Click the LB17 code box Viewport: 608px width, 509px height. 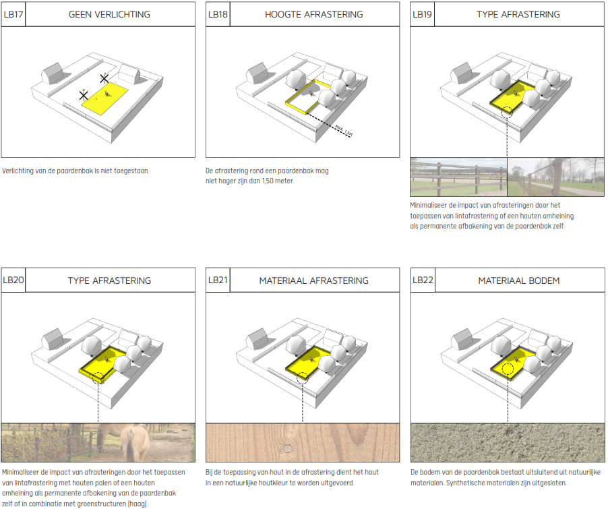click(13, 14)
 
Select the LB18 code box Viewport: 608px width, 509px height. click(218, 14)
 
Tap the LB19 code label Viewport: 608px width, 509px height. click(422, 14)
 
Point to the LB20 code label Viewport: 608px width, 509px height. click(13, 280)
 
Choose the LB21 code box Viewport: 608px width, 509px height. click(218, 280)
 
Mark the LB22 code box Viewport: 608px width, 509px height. click(422, 280)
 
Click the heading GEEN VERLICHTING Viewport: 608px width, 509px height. click(109, 14)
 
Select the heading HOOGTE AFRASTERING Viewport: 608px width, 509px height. click(314, 14)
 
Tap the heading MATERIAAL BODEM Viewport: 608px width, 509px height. click(519, 280)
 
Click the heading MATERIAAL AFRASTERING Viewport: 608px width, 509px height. click(314, 280)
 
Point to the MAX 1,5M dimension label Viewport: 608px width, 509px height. click(344, 130)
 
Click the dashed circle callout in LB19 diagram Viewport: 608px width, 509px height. click(506, 113)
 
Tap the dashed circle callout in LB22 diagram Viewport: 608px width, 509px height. click(508, 369)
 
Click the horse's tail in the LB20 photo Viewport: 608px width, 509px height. click(129, 451)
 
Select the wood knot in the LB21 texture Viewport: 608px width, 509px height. click(287, 448)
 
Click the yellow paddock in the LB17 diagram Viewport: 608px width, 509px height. click(104, 98)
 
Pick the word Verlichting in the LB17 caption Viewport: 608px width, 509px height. click(18, 171)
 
